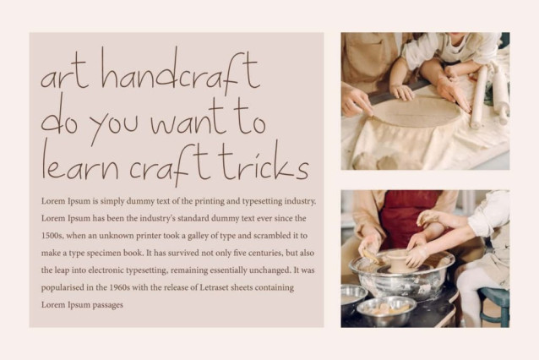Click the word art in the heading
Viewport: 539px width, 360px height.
point(63,75)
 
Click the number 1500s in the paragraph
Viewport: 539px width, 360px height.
point(52,236)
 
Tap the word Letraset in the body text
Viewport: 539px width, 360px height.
point(214,287)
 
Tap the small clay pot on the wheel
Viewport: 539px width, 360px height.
point(396,260)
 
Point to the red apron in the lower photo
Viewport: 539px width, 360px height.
point(409,216)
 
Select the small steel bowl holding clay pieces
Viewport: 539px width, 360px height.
point(386,310)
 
